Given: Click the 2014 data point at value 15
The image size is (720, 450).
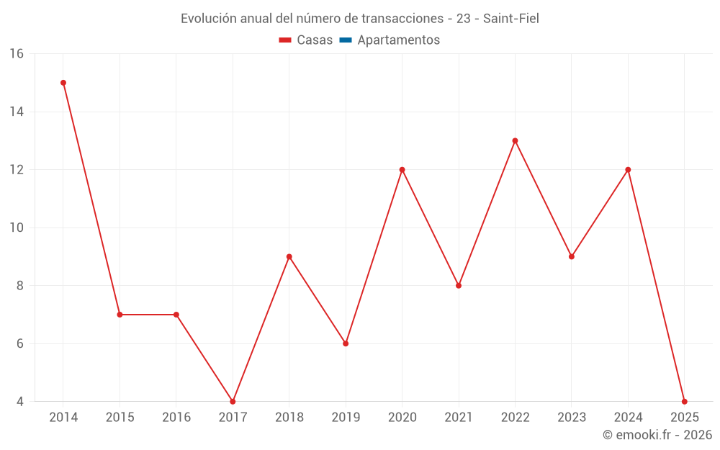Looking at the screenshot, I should click(63, 83).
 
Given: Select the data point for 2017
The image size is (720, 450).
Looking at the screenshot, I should click(233, 401).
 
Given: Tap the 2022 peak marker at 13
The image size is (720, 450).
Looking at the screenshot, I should click(515, 140).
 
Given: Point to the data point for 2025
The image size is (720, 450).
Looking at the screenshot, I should click(684, 401).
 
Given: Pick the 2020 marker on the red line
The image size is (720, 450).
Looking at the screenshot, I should click(402, 170).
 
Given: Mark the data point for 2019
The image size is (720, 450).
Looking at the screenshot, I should click(346, 343).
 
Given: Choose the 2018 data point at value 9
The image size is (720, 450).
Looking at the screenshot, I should click(289, 256).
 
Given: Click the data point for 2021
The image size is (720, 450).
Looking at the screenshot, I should click(459, 286).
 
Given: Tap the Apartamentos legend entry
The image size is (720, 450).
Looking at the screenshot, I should click(398, 40).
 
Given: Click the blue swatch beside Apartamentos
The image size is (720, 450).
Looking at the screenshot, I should click(346, 40).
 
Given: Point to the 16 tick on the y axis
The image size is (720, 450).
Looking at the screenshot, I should click(17, 54).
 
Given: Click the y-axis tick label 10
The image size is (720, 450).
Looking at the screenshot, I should click(17, 228).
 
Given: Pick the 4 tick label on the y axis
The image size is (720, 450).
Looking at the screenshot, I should click(20, 401).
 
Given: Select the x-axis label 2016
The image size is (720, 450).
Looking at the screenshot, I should click(176, 418).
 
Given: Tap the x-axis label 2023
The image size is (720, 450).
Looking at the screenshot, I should click(572, 418).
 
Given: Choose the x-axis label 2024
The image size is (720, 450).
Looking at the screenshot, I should click(628, 418).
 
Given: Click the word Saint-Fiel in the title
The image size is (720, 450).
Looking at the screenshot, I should click(511, 19).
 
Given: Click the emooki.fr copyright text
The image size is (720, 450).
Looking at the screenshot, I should click(657, 435).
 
